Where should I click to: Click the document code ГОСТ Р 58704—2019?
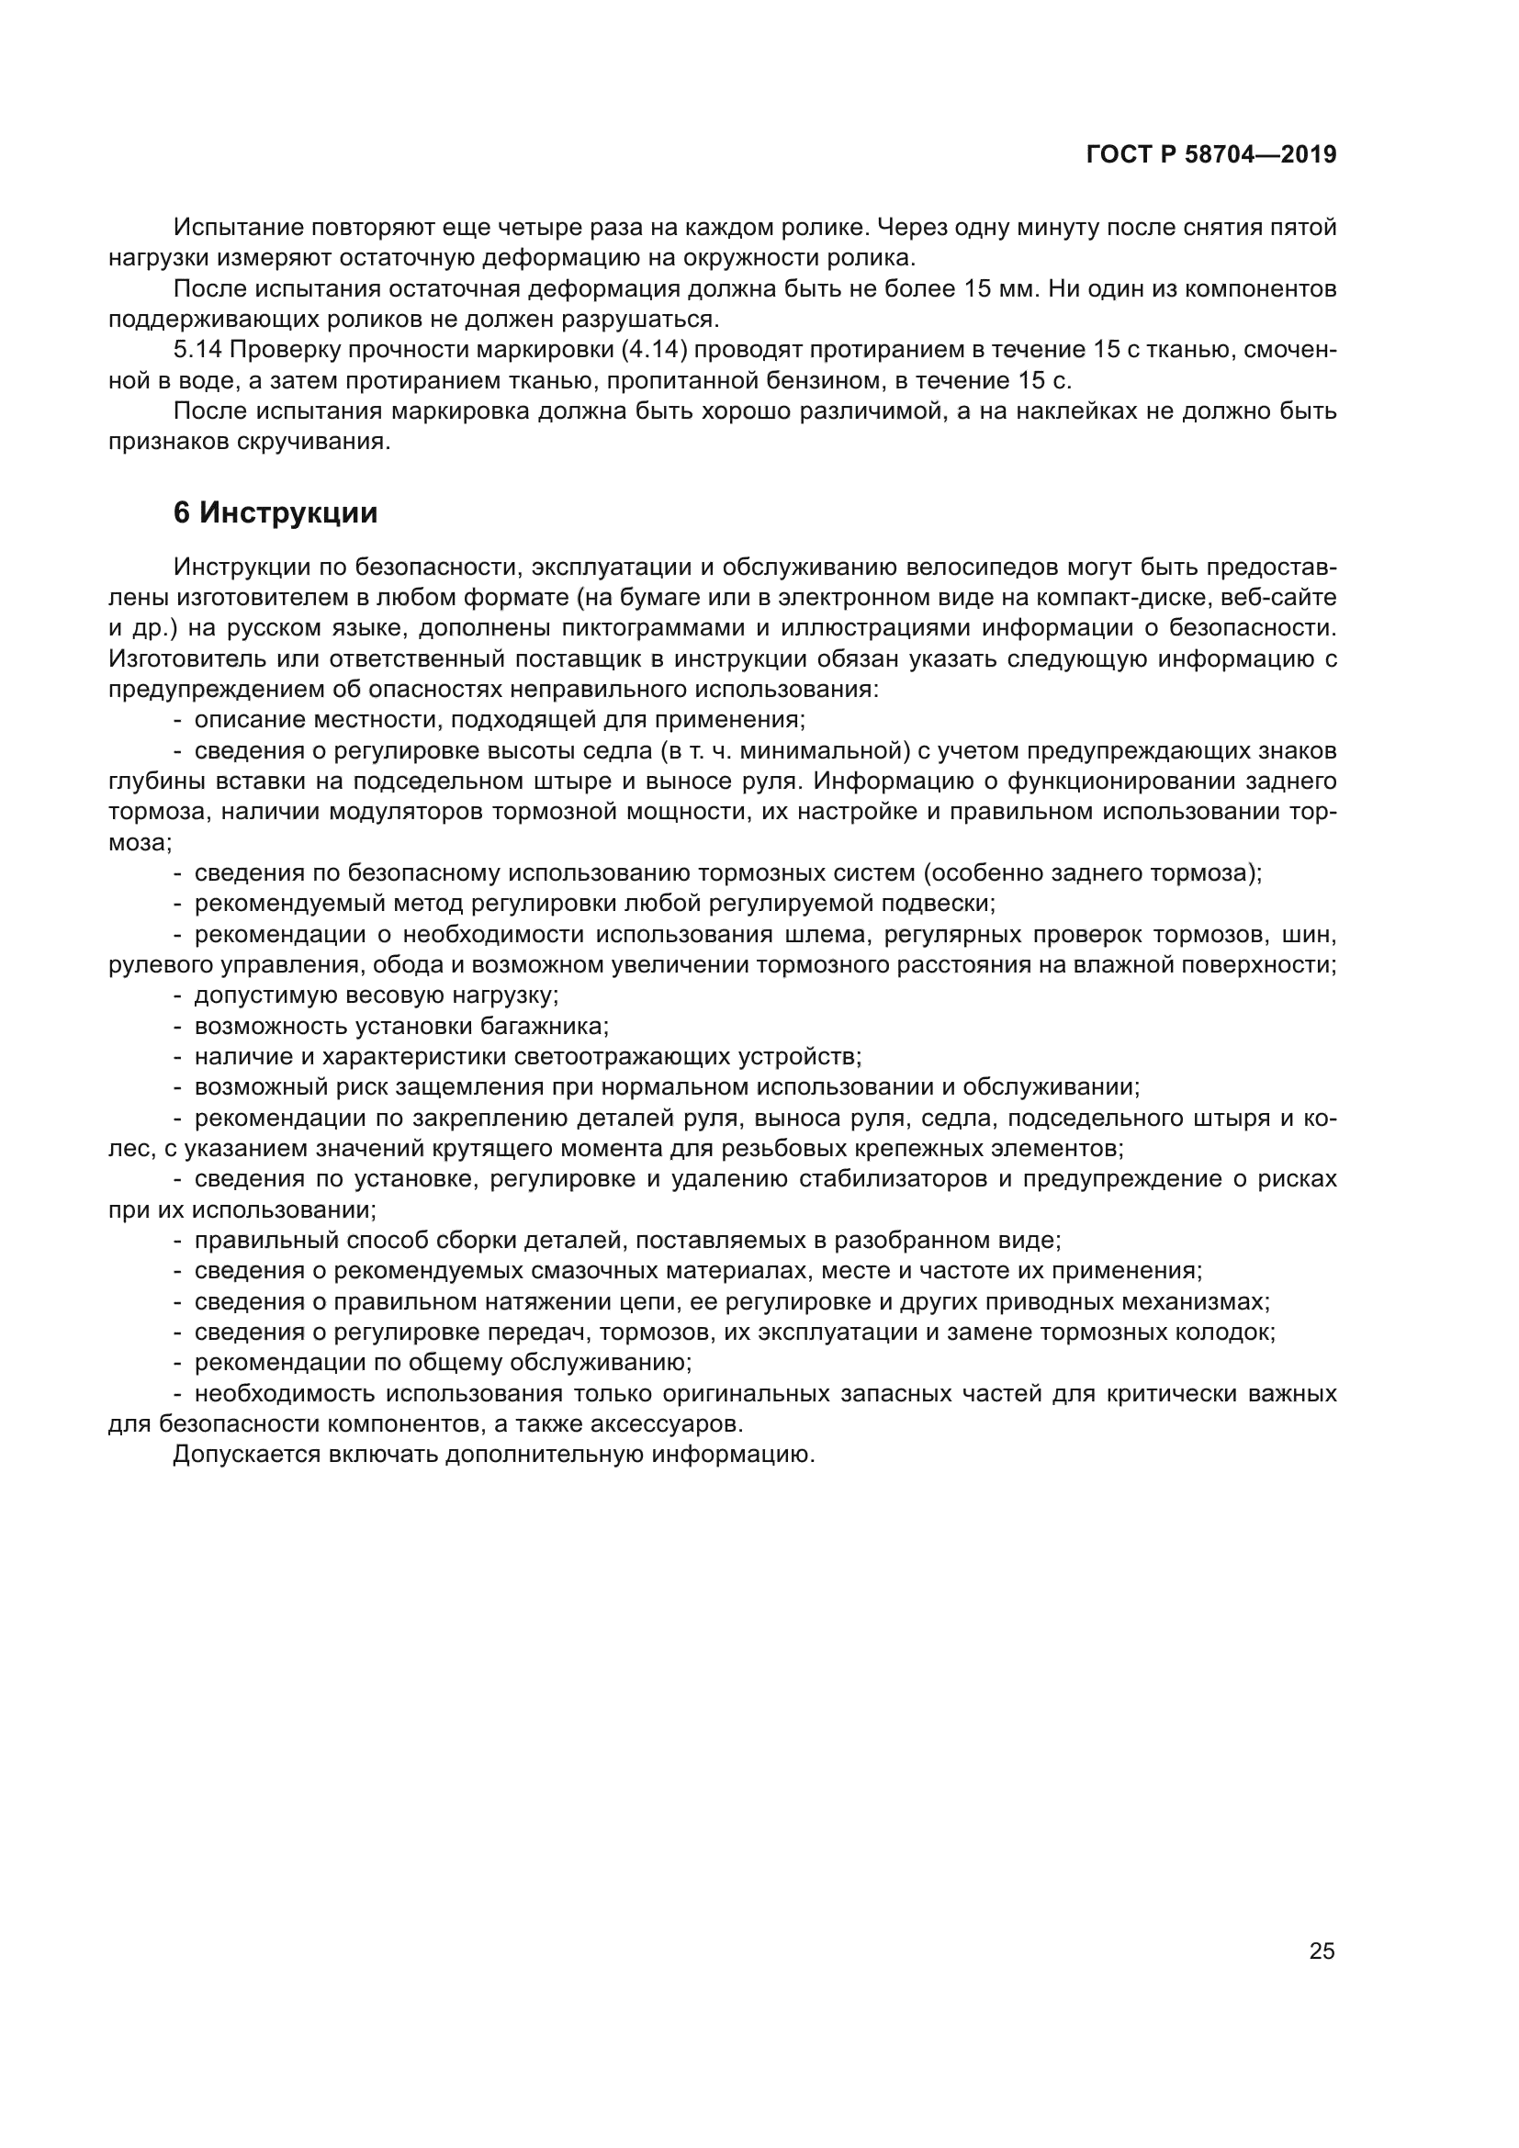point(1210,154)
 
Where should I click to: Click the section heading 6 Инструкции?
point(275,512)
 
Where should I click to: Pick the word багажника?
point(544,1026)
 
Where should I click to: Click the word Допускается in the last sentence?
point(245,1455)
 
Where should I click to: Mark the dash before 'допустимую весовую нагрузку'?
point(178,995)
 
